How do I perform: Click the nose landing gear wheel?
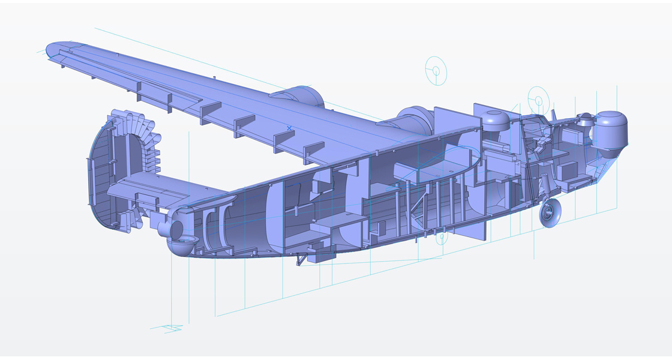tap(550, 213)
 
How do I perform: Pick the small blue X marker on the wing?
tap(289, 128)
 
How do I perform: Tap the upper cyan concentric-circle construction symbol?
tap(436, 71)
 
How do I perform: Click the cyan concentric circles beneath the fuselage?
tap(442, 238)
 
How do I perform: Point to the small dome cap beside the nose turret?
tap(584, 119)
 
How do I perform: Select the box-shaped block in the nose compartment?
tap(568, 172)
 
